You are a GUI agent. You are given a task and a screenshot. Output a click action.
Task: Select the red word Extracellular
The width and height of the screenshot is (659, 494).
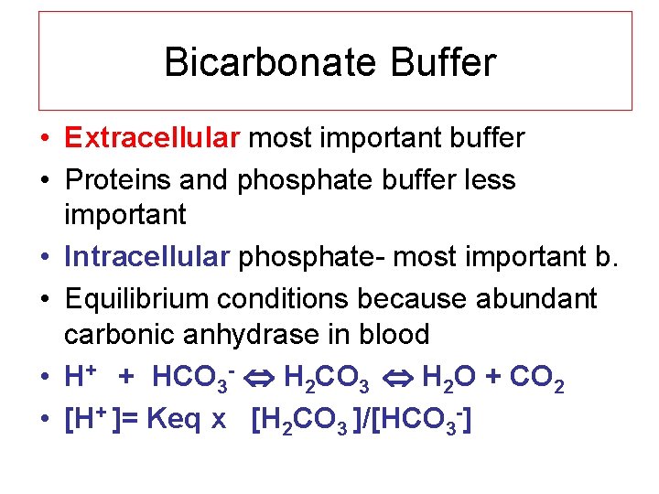(x=152, y=138)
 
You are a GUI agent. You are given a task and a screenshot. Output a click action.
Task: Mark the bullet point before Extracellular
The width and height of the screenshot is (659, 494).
(x=45, y=139)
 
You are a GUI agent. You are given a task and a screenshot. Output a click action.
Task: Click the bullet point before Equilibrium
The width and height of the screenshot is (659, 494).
(x=45, y=299)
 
